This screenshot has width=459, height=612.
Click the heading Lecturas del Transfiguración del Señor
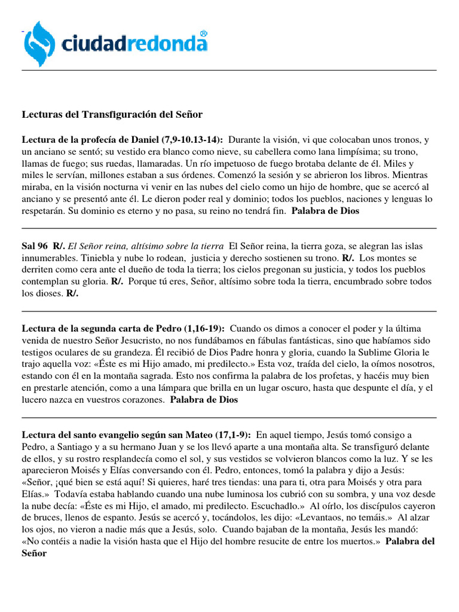(x=112, y=114)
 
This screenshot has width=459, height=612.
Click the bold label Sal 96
(x=34, y=245)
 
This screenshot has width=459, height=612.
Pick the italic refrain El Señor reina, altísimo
(x=146, y=245)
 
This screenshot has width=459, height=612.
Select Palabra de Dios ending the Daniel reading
(x=325, y=211)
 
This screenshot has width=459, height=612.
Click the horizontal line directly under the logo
(x=229, y=70)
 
